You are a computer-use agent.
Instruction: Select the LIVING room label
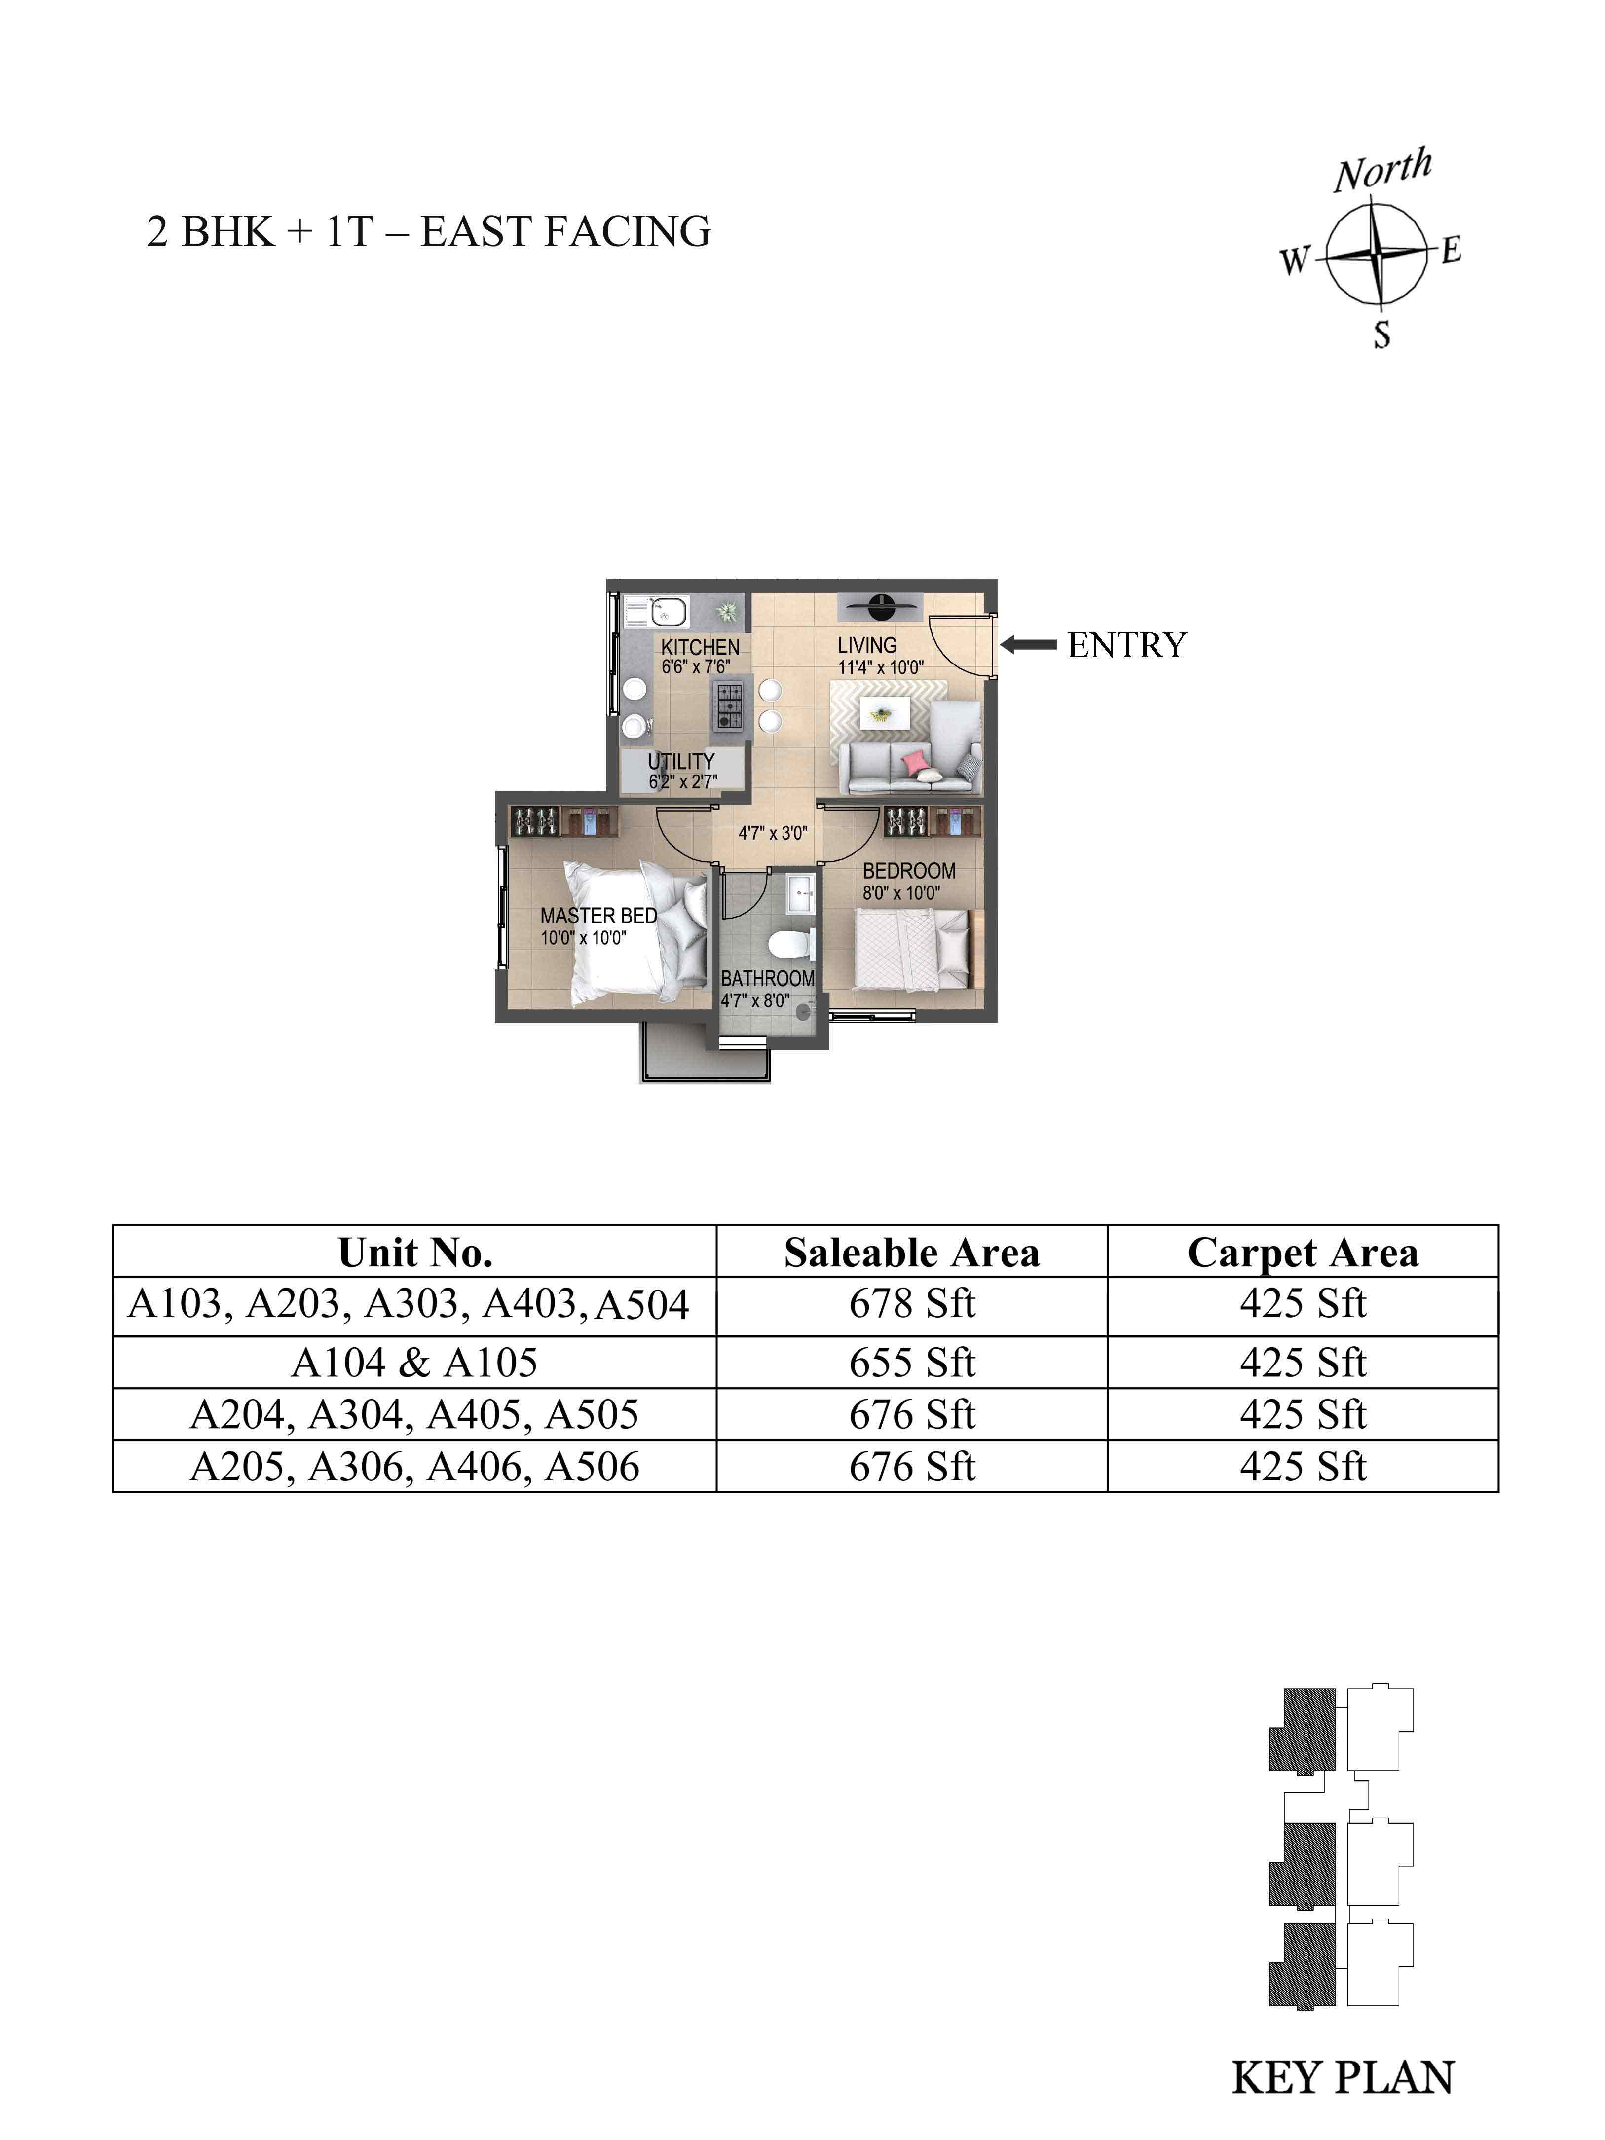coord(867,644)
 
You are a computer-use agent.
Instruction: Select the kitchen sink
coord(658,611)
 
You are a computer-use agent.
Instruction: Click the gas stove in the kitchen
coord(729,706)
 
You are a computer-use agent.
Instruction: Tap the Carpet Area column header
coord(1302,1253)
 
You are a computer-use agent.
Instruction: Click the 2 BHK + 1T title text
coord(259,232)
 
